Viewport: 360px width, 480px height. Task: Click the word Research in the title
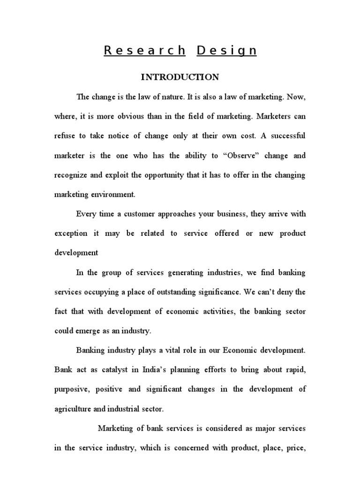click(x=144, y=51)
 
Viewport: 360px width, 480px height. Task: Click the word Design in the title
click(x=227, y=51)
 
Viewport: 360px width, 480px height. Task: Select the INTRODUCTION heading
click(x=180, y=77)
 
